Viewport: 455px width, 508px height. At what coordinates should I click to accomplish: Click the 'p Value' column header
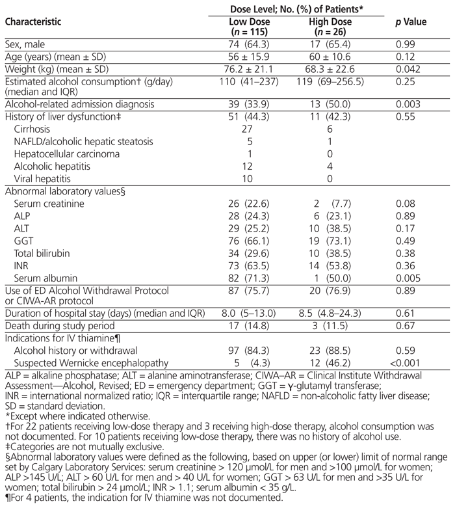click(411, 22)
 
